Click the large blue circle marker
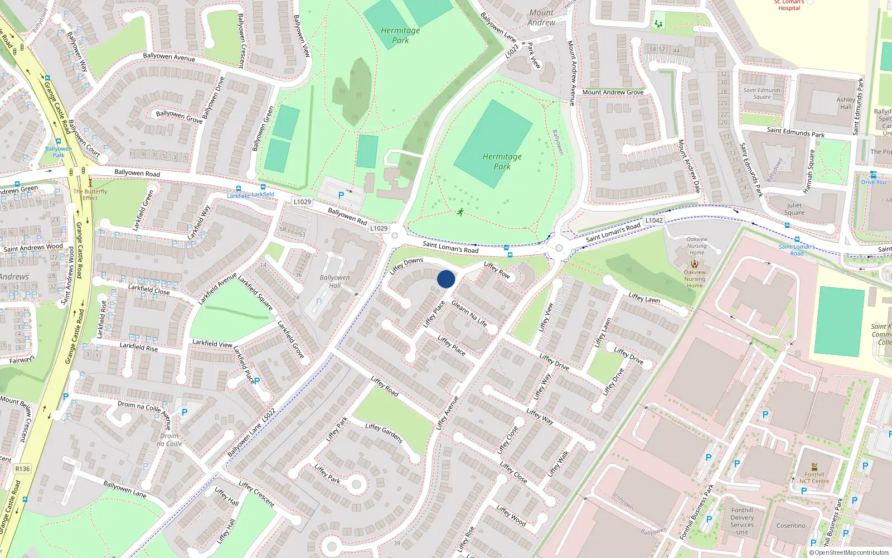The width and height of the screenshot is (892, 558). click(x=446, y=279)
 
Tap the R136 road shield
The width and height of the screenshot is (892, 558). click(x=22, y=469)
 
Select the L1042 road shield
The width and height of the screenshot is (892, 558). click(x=654, y=220)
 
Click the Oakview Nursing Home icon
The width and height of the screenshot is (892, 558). click(x=695, y=264)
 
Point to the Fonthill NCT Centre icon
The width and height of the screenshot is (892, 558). click(x=814, y=466)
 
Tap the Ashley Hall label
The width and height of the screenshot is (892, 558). click(x=846, y=103)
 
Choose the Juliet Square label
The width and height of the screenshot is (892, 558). click(x=794, y=209)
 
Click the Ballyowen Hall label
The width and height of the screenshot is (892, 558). click(x=334, y=281)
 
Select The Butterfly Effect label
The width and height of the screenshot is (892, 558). click(x=90, y=194)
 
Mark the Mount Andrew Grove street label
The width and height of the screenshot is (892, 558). click(x=613, y=92)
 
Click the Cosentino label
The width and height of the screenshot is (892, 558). click(x=791, y=526)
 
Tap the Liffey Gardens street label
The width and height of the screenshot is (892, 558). click(x=384, y=433)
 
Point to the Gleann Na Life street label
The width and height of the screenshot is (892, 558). click(x=469, y=313)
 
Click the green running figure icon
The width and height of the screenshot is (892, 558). click(x=460, y=212)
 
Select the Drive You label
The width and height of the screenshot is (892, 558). click(x=873, y=182)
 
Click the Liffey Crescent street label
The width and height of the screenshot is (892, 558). click(x=256, y=494)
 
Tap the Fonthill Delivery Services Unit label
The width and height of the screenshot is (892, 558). click(x=742, y=521)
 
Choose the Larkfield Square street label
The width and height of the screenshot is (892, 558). click(x=255, y=292)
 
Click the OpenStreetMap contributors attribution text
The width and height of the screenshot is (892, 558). click(x=849, y=553)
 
